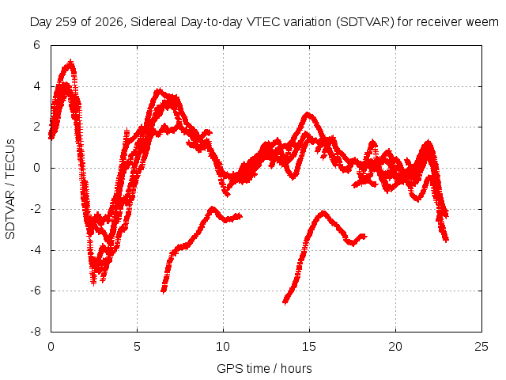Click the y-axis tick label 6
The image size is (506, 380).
[36, 45]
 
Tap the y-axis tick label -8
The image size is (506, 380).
[36, 332]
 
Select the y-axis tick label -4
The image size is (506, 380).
[36, 250]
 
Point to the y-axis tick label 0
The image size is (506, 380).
[36, 168]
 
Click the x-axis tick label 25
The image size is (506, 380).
[481, 347]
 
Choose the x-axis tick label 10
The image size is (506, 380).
[223, 347]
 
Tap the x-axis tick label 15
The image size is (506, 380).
[309, 347]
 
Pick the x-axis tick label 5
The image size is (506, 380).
[137, 347]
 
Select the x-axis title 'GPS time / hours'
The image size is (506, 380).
[264, 369]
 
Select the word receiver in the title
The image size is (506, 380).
[440, 22]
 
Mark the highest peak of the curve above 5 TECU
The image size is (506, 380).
[70, 62]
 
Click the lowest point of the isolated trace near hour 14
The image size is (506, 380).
[285, 302]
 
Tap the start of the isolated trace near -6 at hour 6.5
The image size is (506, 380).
[164, 291]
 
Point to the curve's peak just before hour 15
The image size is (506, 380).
[308, 114]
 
